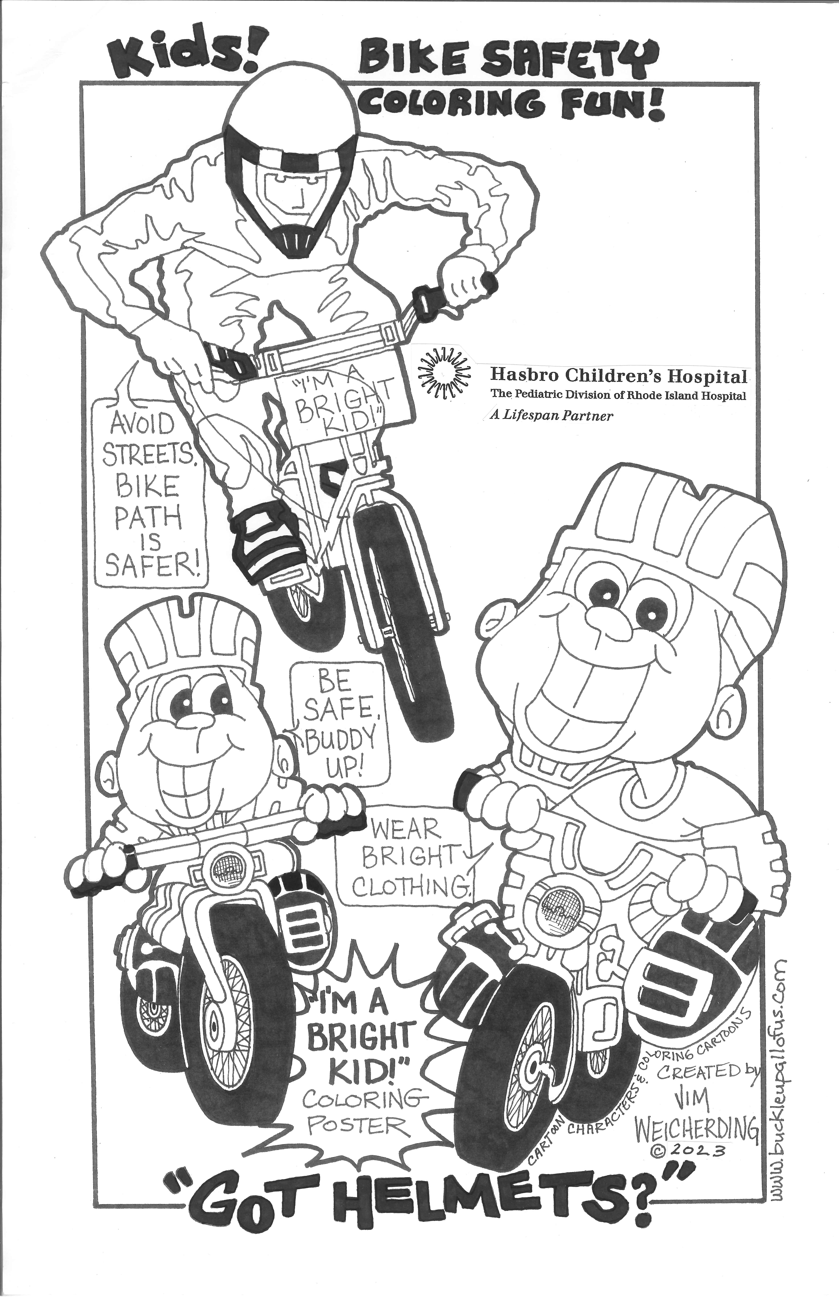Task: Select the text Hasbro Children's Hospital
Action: [x=618, y=376]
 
